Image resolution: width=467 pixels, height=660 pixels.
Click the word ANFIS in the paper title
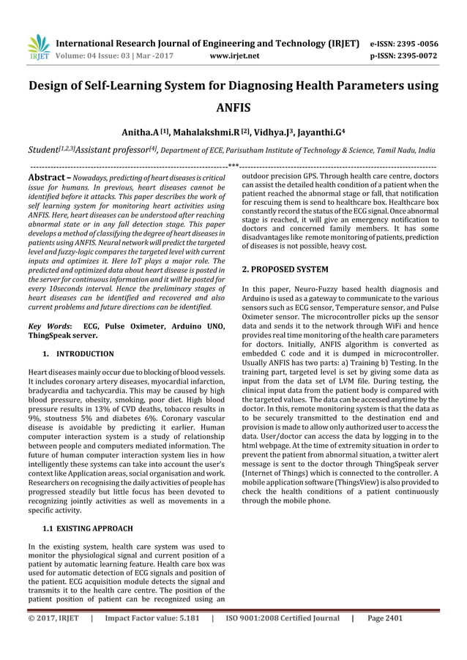pos(233,109)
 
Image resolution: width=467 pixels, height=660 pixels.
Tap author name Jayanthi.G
pos(323,133)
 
